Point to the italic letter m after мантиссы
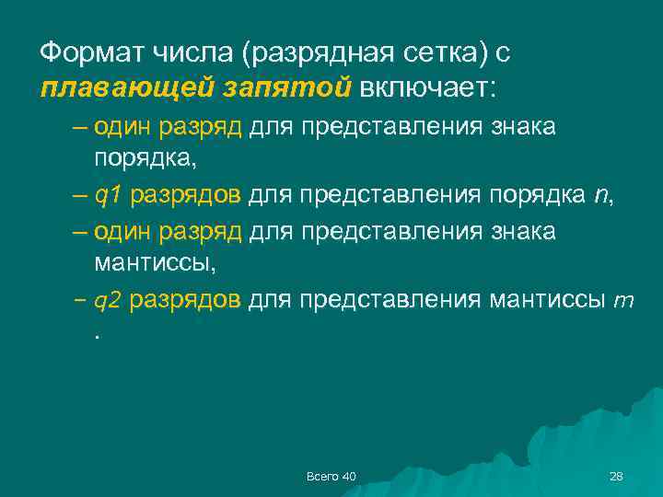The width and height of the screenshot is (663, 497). [x=623, y=301]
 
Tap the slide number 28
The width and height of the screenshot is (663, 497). [x=616, y=476]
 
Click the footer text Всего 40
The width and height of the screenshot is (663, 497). [x=331, y=476]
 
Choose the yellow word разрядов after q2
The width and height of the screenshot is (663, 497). [x=186, y=301]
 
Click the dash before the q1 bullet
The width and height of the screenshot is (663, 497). [x=78, y=196]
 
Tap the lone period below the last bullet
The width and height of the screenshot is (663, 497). [x=96, y=334]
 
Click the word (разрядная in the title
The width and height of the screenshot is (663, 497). [x=305, y=53]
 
